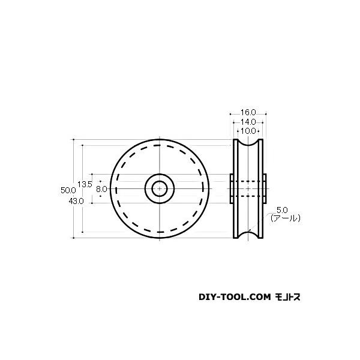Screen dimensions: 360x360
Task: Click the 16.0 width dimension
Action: click(x=248, y=112)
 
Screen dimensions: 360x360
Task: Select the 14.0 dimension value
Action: click(x=248, y=121)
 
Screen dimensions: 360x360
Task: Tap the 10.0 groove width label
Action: click(x=248, y=130)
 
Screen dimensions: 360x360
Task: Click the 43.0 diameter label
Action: click(x=76, y=202)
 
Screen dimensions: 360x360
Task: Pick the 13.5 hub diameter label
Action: click(x=85, y=184)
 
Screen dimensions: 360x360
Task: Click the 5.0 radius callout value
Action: click(x=282, y=210)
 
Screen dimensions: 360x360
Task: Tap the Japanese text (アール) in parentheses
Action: click(x=284, y=219)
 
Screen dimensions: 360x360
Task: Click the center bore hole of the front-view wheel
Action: click(x=160, y=188)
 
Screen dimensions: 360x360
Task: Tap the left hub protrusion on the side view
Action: click(x=231, y=188)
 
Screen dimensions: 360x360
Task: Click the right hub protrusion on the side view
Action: click(x=266, y=188)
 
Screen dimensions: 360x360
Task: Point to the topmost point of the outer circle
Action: click(x=160, y=140)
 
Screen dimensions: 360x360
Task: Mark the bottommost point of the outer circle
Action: click(x=160, y=238)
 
